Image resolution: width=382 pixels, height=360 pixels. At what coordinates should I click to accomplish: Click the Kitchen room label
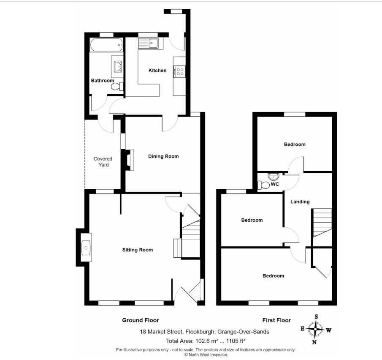157,71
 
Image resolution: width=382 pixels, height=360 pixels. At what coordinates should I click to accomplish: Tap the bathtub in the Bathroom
106,45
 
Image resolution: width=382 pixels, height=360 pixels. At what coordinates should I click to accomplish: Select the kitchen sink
148,44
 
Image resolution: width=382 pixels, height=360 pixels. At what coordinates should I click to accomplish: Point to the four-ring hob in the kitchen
179,72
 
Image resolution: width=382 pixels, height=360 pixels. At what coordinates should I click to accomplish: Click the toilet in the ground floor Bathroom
117,86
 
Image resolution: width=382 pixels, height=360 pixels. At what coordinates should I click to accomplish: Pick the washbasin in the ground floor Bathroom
118,66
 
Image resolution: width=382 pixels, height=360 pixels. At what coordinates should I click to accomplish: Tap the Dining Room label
163,156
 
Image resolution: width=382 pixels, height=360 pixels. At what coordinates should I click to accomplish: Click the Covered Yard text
103,162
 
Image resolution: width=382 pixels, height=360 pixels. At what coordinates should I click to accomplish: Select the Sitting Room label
138,250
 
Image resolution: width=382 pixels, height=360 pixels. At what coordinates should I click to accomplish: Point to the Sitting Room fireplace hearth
86,248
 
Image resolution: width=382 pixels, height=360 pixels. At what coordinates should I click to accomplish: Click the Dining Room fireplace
129,160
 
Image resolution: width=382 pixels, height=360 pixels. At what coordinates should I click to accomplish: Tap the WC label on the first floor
275,184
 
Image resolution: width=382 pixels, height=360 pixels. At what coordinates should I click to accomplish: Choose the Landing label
300,202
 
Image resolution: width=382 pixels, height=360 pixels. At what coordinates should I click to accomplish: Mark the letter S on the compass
316,317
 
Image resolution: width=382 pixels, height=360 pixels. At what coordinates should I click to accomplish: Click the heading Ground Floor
140,320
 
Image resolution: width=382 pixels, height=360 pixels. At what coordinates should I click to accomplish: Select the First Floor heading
276,320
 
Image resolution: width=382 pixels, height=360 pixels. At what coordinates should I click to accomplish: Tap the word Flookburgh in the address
200,332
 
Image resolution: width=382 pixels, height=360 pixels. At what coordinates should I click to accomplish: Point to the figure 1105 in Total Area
232,341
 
